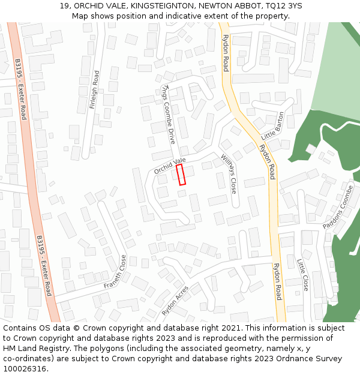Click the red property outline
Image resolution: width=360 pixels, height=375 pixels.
[181, 175]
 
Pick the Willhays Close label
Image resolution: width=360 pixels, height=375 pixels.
[228, 173]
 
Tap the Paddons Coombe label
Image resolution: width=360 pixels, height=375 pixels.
[338, 207]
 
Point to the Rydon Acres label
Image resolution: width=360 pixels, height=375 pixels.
[175, 301]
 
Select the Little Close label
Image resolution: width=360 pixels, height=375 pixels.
[302, 275]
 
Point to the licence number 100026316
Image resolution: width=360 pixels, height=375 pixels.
[25, 369]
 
